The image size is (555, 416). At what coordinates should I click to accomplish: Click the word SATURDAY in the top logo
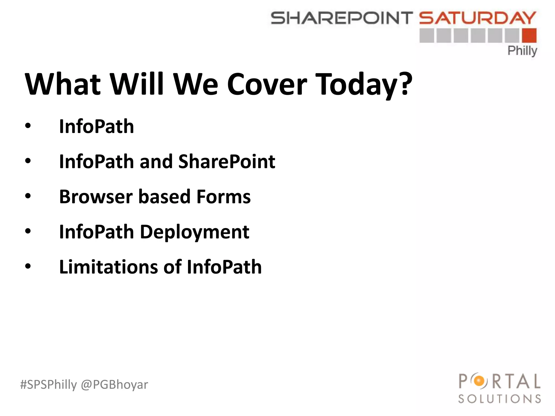(x=477, y=18)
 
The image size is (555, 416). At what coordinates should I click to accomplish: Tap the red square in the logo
(x=529, y=36)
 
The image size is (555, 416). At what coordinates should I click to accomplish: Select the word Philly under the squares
(x=522, y=51)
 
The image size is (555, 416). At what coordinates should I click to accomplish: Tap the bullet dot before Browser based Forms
(x=28, y=196)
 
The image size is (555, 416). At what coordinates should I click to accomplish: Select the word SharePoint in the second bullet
(x=227, y=162)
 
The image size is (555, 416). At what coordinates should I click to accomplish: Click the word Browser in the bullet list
(x=96, y=197)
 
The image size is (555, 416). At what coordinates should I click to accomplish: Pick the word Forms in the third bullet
(x=224, y=197)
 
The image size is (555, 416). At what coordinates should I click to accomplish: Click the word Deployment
(x=194, y=232)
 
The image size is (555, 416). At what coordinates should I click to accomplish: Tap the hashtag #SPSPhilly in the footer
(x=49, y=385)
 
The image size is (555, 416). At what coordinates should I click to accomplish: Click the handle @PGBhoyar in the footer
(x=114, y=385)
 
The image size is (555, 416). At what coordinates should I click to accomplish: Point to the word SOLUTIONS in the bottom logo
(x=499, y=399)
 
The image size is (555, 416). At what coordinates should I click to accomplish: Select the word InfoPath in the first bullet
(x=96, y=126)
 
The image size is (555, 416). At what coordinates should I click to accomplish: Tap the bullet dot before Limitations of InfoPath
(x=28, y=266)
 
